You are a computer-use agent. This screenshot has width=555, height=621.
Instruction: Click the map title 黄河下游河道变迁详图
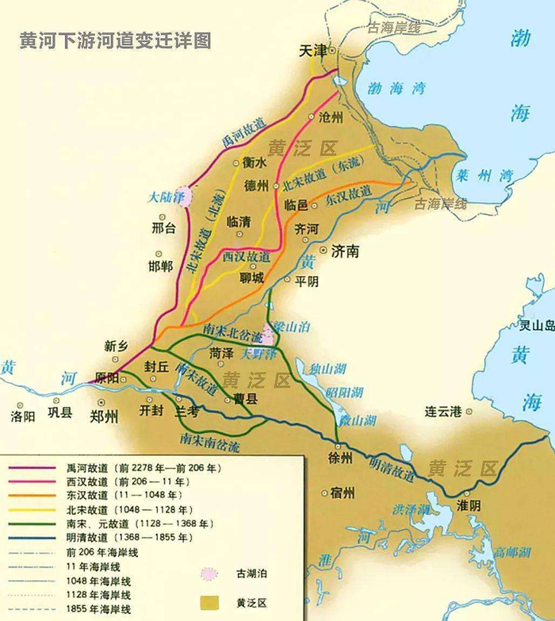[116, 40]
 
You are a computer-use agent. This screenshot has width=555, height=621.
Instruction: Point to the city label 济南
[345, 251]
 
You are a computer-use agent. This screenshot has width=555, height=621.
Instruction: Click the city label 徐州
[341, 458]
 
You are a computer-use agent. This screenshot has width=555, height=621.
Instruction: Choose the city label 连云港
[442, 411]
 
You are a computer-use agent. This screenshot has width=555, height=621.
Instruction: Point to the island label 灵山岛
[537, 325]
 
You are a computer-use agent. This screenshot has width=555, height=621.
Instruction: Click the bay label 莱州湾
[491, 176]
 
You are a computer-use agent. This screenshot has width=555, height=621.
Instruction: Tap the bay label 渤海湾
[396, 88]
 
